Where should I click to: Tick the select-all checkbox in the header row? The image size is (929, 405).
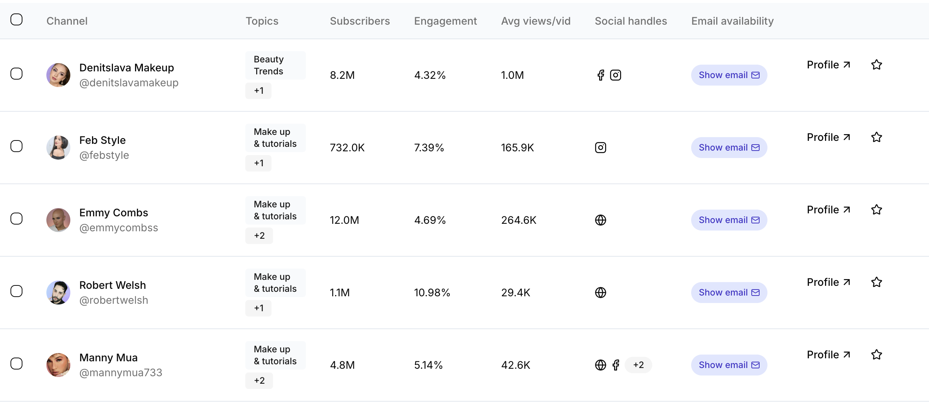click(x=16, y=19)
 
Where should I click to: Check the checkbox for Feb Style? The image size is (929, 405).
click(x=16, y=146)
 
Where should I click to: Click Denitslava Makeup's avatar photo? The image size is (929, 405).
click(x=58, y=75)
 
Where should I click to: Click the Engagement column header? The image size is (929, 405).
click(x=445, y=21)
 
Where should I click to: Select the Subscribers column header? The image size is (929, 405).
click(x=359, y=21)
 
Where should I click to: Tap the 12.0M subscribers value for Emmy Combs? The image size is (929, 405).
click(x=344, y=220)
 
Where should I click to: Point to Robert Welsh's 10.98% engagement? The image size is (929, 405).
click(x=432, y=293)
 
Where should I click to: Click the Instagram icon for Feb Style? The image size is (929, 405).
click(x=600, y=148)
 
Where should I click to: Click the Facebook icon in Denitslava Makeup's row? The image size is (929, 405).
click(x=601, y=75)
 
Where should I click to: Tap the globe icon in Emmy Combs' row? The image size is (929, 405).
click(x=600, y=220)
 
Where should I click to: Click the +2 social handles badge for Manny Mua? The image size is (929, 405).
click(x=638, y=365)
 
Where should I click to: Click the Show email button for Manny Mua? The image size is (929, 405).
click(x=729, y=365)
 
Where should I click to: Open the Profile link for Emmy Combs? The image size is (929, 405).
click(x=828, y=210)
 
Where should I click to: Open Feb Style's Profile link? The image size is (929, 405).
click(x=828, y=137)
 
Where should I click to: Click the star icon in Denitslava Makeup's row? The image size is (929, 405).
click(x=876, y=65)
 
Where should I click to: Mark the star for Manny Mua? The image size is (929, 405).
click(x=876, y=355)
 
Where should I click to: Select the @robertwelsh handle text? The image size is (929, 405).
click(x=114, y=300)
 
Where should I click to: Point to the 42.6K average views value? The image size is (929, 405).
click(x=515, y=365)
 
